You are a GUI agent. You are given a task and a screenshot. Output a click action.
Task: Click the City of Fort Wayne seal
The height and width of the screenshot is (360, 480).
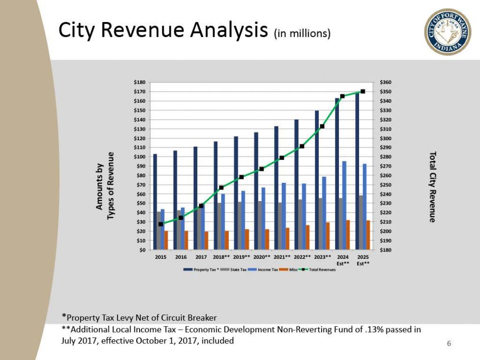tap(447, 32)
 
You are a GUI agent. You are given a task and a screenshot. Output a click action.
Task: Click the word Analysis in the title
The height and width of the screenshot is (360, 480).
tap(228, 30)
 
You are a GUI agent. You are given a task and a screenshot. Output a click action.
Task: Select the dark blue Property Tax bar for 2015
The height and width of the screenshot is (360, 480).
tap(155, 202)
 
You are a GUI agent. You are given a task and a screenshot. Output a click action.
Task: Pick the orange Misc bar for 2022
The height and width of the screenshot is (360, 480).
tap(308, 238)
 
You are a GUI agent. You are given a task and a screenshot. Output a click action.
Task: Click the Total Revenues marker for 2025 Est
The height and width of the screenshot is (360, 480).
tap(363, 91)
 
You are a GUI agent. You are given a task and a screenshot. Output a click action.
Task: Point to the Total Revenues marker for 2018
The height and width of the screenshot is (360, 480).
tap(221, 188)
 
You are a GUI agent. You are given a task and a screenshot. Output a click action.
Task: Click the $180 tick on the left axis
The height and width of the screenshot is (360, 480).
tap(139, 83)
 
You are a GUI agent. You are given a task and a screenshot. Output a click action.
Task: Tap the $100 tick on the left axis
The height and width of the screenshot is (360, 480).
tap(139, 157)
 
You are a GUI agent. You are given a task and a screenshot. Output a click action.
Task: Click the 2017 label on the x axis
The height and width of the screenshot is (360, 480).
tap(201, 257)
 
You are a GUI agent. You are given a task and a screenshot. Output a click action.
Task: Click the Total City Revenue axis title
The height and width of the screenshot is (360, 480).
tap(432, 187)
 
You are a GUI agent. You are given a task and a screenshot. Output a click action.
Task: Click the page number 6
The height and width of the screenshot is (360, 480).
tap(449, 343)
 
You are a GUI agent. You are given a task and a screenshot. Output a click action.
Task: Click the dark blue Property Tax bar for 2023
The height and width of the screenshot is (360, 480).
tap(317, 180)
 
